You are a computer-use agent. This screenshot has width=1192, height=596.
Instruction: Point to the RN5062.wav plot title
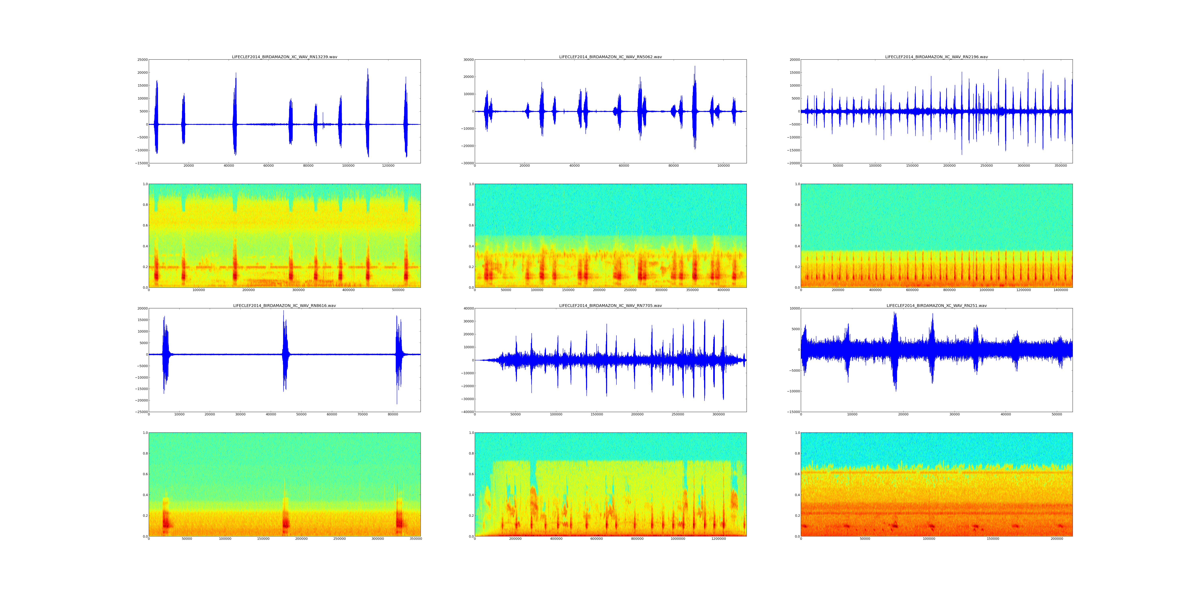(x=610, y=57)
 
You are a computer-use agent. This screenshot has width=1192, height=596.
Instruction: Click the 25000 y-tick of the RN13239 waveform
(x=142, y=60)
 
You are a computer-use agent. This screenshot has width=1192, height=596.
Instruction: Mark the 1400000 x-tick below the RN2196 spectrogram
(x=1061, y=290)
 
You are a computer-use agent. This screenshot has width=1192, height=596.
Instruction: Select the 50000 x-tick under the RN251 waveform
(x=1057, y=414)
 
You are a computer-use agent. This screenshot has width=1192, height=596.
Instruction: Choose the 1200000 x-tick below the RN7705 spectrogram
(x=719, y=539)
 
